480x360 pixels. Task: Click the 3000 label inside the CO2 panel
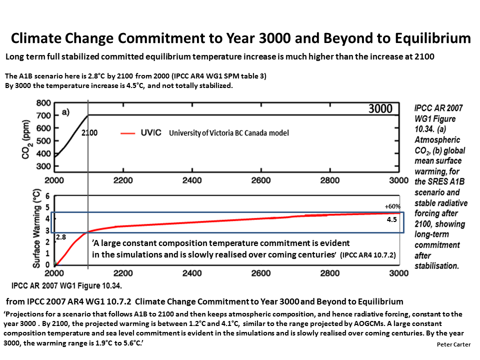[x=380, y=108]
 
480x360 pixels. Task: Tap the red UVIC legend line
[x=127, y=133]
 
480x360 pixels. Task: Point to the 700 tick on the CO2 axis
[x=43, y=115]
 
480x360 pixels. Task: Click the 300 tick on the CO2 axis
[x=43, y=166]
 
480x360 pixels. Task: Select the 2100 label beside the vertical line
[x=89, y=133]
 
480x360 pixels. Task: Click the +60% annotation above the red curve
[x=392, y=206]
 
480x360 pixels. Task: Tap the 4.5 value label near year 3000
[x=392, y=219]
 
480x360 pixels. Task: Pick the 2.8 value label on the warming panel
[x=61, y=237]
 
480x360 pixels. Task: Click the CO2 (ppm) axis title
[x=26, y=139]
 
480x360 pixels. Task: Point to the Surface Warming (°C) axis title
[x=36, y=228]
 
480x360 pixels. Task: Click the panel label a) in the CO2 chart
[x=65, y=112]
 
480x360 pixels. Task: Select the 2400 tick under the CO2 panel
[x=192, y=180]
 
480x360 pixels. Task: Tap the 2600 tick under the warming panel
[x=261, y=273]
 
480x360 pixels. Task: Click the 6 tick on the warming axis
[x=47, y=196]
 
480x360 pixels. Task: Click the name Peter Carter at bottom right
[x=453, y=344]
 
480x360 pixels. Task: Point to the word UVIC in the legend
[x=151, y=132]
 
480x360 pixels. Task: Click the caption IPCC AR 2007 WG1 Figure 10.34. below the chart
[x=66, y=285]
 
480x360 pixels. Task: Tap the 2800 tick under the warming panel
[x=330, y=273]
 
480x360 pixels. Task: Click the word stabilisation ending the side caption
[x=436, y=265]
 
